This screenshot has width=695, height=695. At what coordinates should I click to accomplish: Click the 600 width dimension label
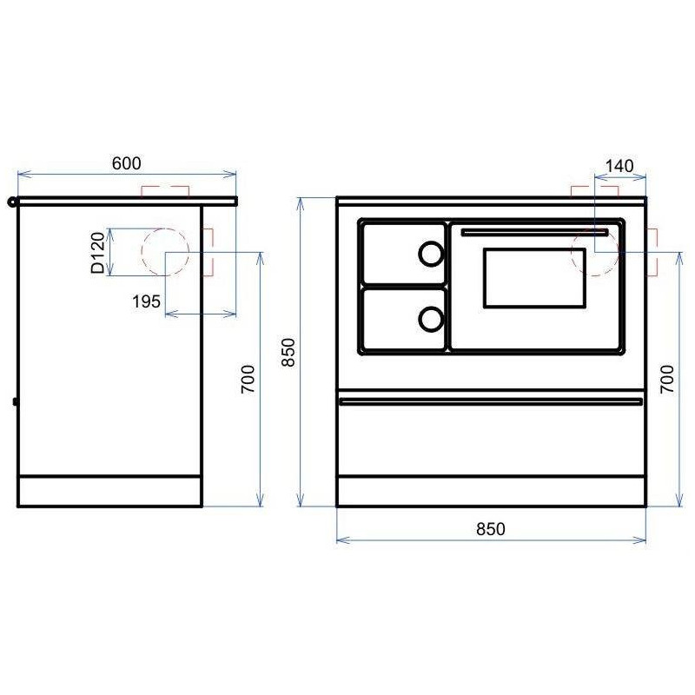(x=126, y=163)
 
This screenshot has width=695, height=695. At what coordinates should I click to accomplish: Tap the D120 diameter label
(x=97, y=252)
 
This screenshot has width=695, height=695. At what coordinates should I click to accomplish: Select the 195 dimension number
(x=146, y=301)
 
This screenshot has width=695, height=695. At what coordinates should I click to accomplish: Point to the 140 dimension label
(x=619, y=166)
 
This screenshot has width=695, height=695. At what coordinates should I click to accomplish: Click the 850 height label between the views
(x=288, y=352)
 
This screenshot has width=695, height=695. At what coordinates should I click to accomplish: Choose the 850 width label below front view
(x=491, y=529)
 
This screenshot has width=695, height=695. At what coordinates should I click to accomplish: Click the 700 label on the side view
(x=248, y=379)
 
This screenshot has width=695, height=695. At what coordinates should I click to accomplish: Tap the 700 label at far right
(x=667, y=379)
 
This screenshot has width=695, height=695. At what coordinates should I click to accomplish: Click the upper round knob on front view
(x=431, y=254)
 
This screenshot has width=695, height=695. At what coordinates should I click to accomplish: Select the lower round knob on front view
(x=431, y=319)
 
